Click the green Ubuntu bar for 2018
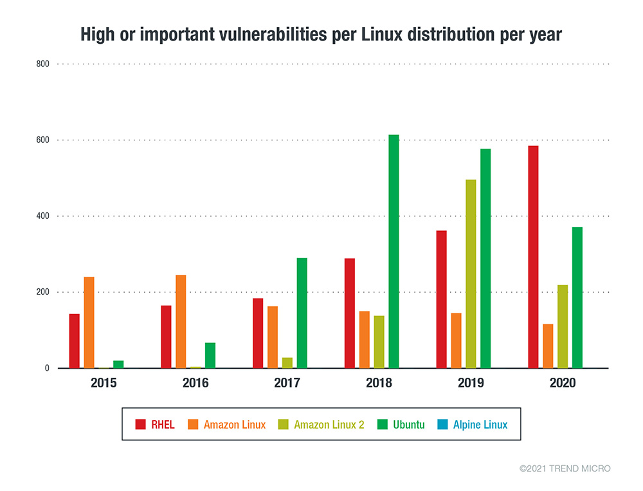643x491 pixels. tap(394, 252)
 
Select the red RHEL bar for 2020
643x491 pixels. tap(533, 257)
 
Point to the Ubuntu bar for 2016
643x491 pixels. tap(210, 355)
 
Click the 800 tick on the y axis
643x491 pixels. tap(42, 64)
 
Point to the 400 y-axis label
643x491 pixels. tap(42, 216)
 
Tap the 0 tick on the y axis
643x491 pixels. tap(46, 368)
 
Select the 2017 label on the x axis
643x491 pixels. tap(287, 384)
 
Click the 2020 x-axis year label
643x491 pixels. tap(563, 384)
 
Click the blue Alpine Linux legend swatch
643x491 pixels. tap(441, 425)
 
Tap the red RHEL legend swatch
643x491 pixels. tap(140, 425)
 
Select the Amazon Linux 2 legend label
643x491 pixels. tap(329, 425)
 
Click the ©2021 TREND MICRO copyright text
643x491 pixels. tap(565, 468)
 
